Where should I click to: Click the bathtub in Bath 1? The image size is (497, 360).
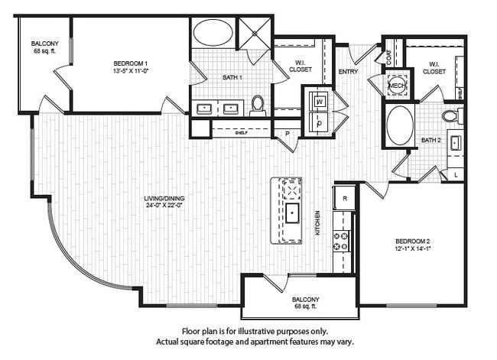(213, 34)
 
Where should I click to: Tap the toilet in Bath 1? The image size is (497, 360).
(257, 105)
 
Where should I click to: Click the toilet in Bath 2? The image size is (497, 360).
(451, 116)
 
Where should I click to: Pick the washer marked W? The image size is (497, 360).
(319, 101)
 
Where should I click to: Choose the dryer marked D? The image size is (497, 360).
(319, 122)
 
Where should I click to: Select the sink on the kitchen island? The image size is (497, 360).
(291, 212)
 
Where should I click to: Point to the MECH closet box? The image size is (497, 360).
(397, 86)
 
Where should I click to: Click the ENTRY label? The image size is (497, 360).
(348, 72)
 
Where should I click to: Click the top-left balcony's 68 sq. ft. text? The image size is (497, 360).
(46, 52)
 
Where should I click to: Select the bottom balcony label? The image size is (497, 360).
(306, 300)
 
